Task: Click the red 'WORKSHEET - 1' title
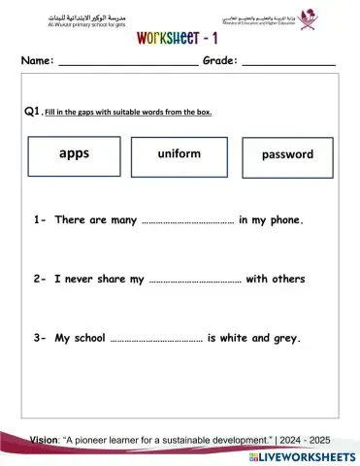(x=180, y=37)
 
